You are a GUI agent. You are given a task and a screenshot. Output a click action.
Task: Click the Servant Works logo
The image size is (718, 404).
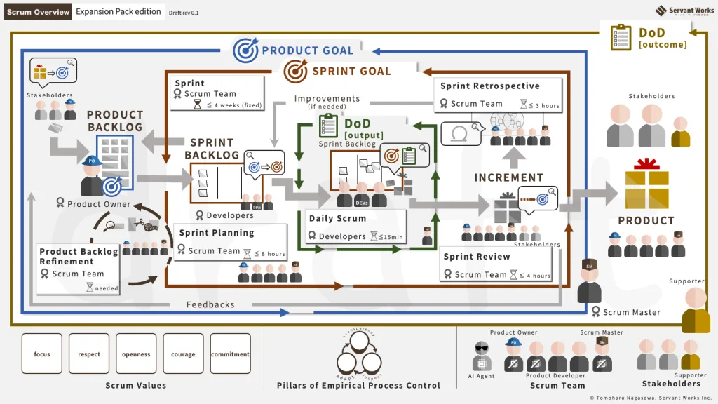pos(685,11)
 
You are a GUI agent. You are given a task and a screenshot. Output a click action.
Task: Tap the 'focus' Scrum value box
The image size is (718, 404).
pos(42,354)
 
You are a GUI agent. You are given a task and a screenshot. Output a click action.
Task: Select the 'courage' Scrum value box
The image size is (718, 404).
pos(183,354)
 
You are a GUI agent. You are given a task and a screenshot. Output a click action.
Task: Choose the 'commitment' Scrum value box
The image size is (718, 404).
pos(230,354)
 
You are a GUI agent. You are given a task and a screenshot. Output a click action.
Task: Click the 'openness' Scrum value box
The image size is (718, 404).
pos(136,354)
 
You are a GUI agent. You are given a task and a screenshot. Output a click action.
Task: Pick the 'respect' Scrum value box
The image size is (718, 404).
pos(89,354)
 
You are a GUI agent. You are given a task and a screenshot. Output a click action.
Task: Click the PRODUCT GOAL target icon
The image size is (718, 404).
pos(245,50)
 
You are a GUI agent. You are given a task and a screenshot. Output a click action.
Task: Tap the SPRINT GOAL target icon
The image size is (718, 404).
pos(295,71)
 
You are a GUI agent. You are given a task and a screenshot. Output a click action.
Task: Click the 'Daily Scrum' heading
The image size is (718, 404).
pos(337,219)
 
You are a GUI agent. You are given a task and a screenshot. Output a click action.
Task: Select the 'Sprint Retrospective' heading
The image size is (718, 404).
pos(490,86)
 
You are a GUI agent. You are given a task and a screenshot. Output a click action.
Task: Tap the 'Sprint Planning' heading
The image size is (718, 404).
pos(217,233)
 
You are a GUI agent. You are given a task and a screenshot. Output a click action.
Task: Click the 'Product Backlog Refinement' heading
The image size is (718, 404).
pos(79,256)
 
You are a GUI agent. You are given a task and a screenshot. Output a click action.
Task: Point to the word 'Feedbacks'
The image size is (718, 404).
pos(210,304)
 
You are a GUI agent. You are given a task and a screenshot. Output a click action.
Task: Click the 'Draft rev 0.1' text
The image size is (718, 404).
pos(184,13)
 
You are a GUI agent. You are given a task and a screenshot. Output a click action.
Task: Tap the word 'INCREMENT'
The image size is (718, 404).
pos(509,178)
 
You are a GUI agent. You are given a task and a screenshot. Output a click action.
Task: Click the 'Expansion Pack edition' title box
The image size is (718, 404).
pos(118,12)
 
